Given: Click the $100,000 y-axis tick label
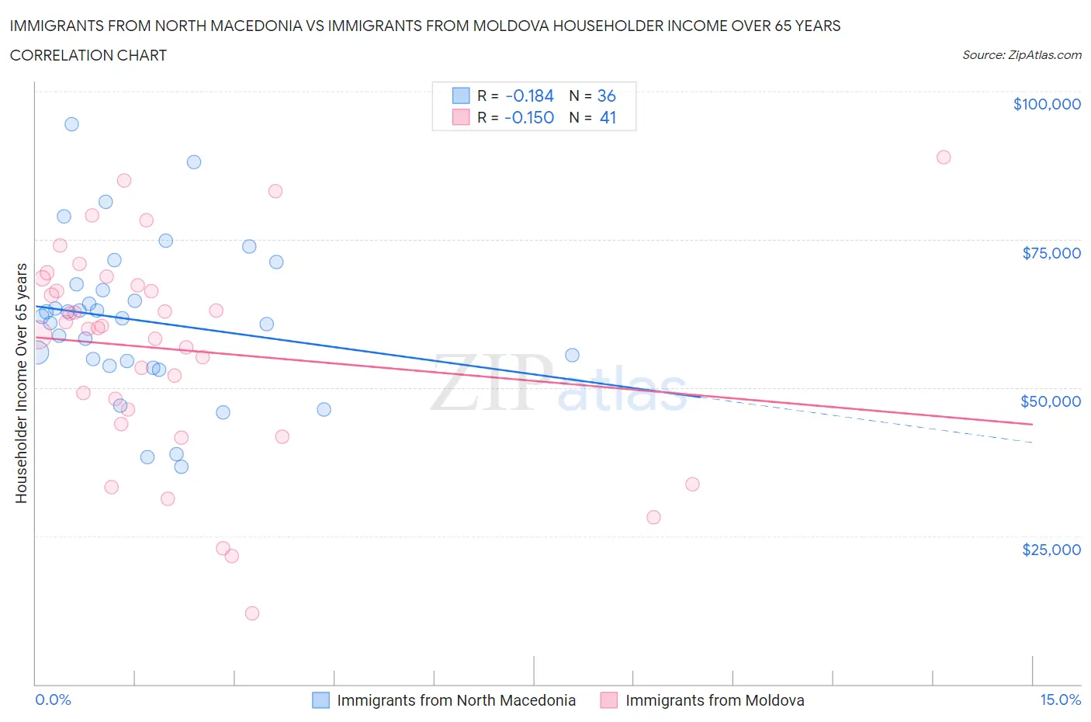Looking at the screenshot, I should click(1047, 104).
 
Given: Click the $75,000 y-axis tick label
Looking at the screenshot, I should click(1051, 253).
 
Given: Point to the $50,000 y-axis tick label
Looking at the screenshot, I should click(1051, 401).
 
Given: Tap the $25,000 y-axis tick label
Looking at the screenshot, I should click(1051, 550).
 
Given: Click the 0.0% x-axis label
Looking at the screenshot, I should click(53, 699).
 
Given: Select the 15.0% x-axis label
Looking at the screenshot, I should click(1060, 699).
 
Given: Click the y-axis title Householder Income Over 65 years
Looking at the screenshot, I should click(22, 383).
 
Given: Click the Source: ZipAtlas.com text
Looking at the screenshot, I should click(1021, 55).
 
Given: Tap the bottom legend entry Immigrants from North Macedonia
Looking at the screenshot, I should click(455, 700).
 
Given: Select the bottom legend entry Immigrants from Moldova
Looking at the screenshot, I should click(714, 700).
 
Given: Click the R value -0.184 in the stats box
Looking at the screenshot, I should click(529, 95).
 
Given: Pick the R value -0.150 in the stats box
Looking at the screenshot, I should click(529, 117).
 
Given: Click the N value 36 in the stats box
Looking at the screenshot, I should click(606, 95).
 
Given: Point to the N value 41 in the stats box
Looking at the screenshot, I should click(608, 117).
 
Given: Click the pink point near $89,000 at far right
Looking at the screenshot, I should click(944, 157).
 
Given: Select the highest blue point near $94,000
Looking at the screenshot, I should click(71, 124).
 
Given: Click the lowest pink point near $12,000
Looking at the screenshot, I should click(252, 613).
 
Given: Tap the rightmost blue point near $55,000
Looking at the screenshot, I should click(572, 355).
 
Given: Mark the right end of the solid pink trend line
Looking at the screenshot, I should click(1032, 424).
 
